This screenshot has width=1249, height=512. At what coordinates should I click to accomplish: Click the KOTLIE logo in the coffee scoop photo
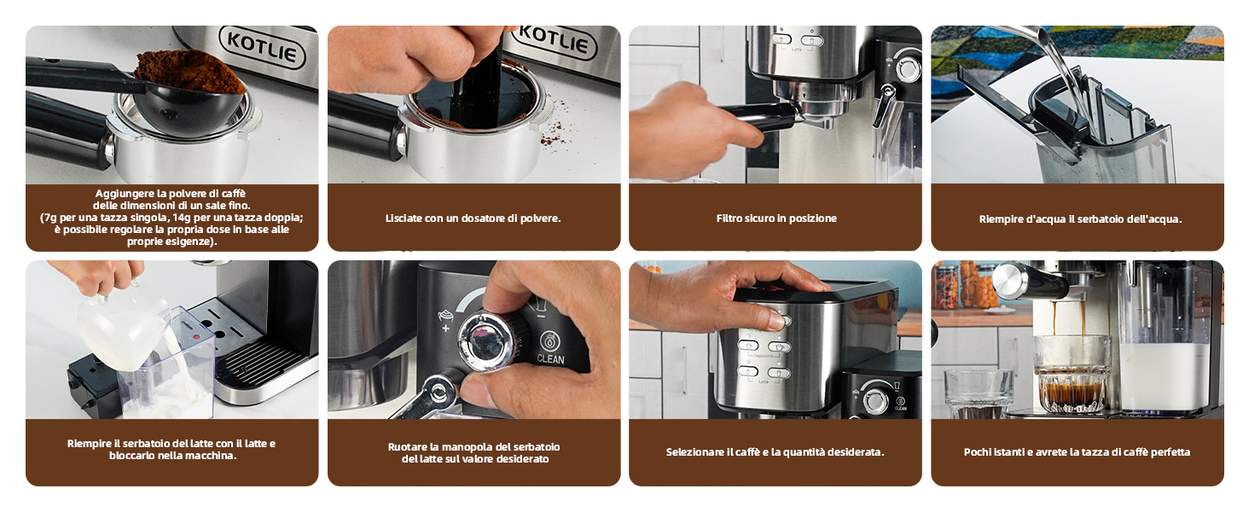(262, 48)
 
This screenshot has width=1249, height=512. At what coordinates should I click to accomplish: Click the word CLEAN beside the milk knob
(550, 360)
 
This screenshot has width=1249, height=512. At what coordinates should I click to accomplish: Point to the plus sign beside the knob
(445, 328)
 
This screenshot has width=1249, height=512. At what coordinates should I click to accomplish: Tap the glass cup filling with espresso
(1072, 374)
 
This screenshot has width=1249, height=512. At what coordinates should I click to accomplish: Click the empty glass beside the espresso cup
(978, 393)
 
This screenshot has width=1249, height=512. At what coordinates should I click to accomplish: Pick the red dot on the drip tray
(195, 337)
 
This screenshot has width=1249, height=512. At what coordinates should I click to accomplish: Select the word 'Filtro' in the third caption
(729, 218)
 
